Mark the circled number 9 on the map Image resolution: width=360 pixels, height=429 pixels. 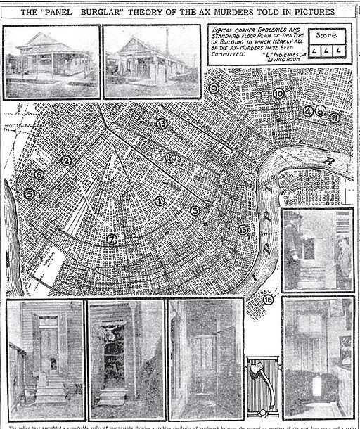tap(214, 88)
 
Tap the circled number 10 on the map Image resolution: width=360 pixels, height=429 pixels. tap(278, 94)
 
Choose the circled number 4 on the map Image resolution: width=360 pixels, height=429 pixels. tap(308, 110)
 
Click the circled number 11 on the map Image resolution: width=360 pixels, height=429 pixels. tap(335, 117)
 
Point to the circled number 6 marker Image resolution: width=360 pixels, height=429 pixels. tap(39, 174)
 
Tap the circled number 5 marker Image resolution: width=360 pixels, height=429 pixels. tap(29, 193)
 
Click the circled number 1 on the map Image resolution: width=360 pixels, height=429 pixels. tap(160, 201)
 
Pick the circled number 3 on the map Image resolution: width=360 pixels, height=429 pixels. tap(195, 210)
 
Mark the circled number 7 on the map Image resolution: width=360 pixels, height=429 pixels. tap(111, 239)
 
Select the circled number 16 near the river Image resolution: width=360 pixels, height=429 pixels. tap(268, 300)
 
